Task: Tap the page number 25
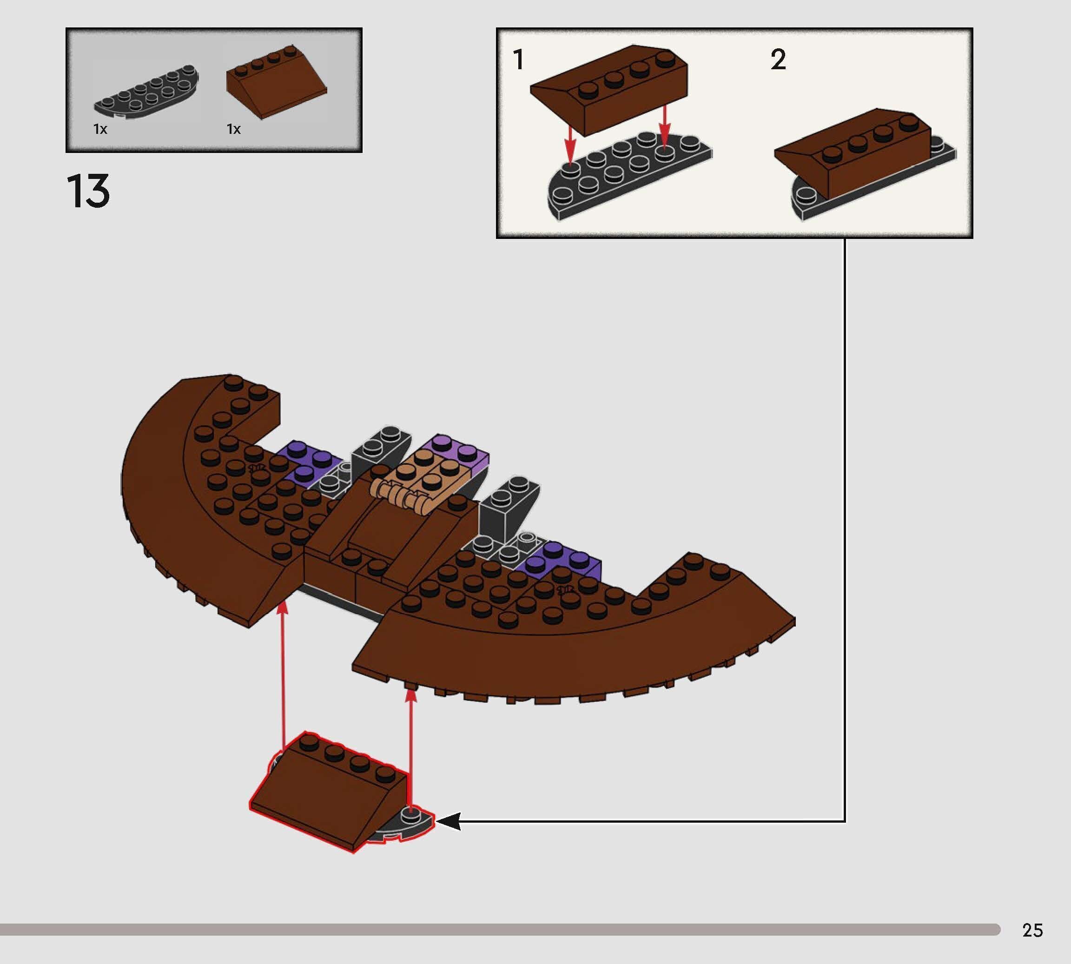click(1032, 931)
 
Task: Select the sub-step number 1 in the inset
click(519, 59)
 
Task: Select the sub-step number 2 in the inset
click(778, 59)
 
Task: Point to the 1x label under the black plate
click(100, 129)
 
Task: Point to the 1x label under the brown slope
click(234, 129)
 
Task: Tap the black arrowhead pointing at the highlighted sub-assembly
click(448, 821)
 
